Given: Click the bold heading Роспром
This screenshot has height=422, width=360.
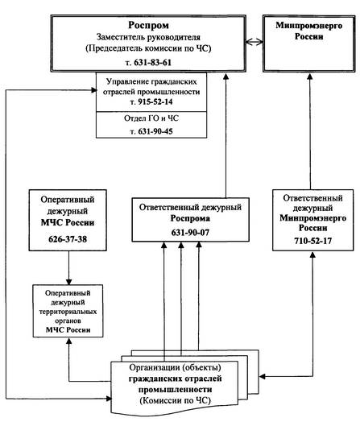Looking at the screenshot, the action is point(148,25).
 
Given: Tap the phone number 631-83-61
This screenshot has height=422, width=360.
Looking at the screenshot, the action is point(152,63).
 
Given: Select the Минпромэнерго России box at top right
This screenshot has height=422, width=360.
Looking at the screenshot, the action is point(309,43).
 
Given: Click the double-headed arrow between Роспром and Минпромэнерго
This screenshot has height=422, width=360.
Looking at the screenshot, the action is point(254,42).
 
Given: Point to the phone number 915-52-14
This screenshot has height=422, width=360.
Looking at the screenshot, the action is point(155,102).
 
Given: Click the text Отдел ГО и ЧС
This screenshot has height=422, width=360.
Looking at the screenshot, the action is point(151,118).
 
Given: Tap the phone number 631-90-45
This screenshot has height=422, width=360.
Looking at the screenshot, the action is point(155,131).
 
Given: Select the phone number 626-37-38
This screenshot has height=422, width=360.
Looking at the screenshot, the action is point(68,239).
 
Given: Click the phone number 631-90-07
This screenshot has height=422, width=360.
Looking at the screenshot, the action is point(190,233).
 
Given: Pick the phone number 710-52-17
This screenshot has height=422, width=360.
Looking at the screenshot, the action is point(312,241).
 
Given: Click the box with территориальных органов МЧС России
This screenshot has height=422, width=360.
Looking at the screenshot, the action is point(68,311).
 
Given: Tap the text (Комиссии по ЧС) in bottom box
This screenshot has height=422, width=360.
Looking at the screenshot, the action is point(175,400).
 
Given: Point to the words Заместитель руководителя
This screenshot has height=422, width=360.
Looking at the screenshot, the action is point(148,37).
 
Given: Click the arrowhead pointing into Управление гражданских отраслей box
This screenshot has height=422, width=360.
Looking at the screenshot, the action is point(94,90).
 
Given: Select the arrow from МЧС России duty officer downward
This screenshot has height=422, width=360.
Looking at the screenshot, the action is point(68,268).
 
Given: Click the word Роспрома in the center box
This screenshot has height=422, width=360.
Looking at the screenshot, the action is point(190,218).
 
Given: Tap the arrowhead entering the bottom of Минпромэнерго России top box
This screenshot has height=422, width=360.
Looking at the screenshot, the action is point(310,76).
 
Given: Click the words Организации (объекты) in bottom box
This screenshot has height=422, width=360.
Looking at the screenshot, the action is point(175,367).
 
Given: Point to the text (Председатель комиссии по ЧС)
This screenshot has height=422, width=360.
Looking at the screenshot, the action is point(148,48).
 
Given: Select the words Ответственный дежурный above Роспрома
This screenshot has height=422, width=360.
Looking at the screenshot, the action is point(190,208).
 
